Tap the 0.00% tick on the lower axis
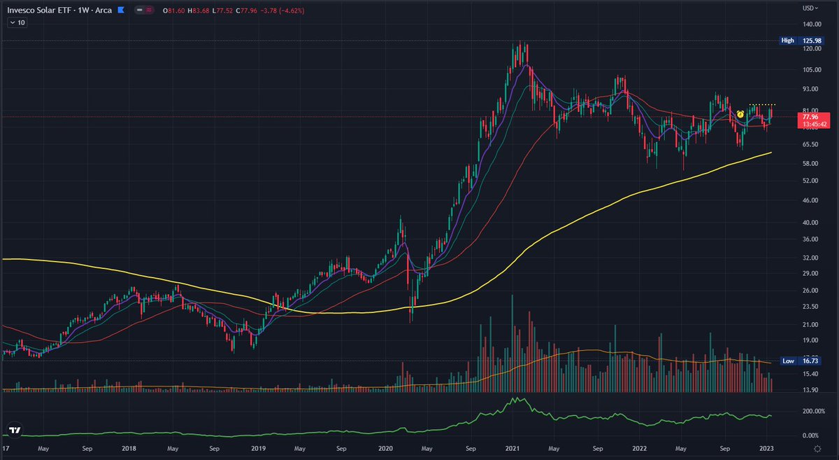click(811, 435)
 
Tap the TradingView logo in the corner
click(14, 431)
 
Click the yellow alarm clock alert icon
click(739, 113)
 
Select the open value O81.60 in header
click(173, 11)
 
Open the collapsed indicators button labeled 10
click(16, 23)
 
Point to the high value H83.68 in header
click(201, 11)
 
